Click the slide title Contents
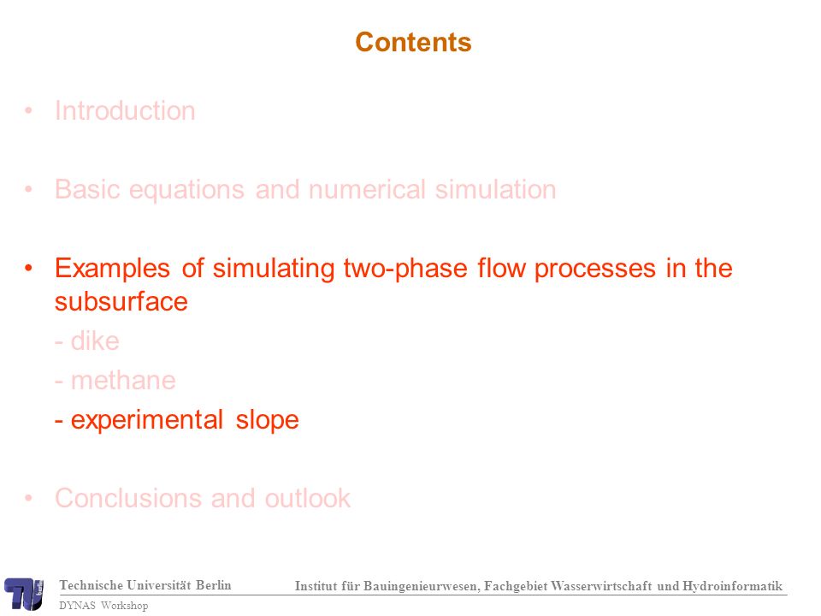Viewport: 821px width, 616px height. pyautogui.click(x=413, y=42)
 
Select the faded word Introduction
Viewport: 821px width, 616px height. pyautogui.click(x=125, y=111)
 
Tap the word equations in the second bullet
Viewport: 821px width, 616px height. pyautogui.click(x=186, y=190)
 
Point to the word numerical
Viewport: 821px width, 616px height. pyautogui.click(x=367, y=189)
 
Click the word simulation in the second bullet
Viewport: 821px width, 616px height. pyautogui.click(x=496, y=189)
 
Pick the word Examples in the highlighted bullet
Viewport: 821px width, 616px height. pyautogui.click(x=113, y=269)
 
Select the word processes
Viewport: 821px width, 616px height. pyautogui.click(x=595, y=269)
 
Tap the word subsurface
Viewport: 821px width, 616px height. pyautogui.click(x=121, y=302)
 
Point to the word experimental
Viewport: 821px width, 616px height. pyautogui.click(x=147, y=421)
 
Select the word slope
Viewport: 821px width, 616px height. pyautogui.click(x=267, y=421)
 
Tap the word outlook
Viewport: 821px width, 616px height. pyautogui.click(x=307, y=498)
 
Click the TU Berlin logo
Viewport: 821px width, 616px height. pyautogui.click(x=24, y=594)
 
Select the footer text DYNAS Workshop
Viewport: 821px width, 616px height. pyautogui.click(x=103, y=606)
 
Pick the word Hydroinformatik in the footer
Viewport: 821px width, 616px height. pyautogui.click(x=732, y=586)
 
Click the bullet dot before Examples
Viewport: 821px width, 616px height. pyautogui.click(x=28, y=268)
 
